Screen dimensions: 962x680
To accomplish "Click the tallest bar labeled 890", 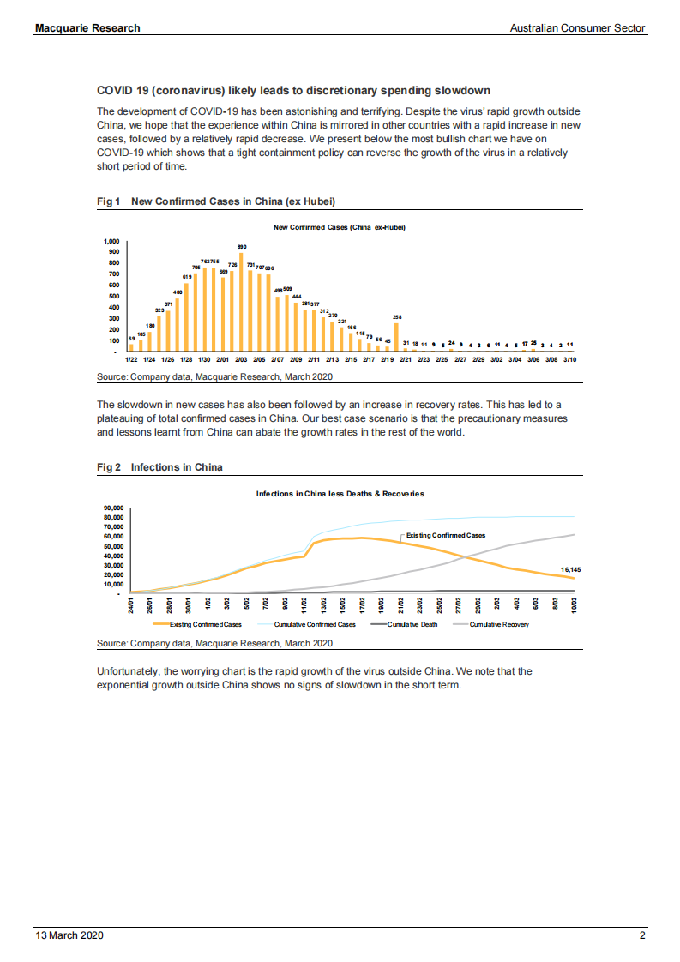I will pyautogui.click(x=242, y=302).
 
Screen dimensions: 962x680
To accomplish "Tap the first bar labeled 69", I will pyautogui.click(x=131, y=347).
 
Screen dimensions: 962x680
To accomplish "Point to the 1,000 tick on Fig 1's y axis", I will pyautogui.click(x=111, y=241).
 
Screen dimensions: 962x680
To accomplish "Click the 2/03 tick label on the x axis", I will pyautogui.click(x=241, y=361).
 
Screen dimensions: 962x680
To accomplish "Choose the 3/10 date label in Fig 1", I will pyautogui.click(x=570, y=361).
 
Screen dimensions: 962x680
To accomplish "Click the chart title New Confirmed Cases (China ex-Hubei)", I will pyautogui.click(x=339, y=227).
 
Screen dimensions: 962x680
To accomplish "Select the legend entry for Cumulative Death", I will pyautogui.click(x=412, y=624).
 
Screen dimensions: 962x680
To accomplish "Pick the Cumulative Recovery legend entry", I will pyautogui.click(x=497, y=624).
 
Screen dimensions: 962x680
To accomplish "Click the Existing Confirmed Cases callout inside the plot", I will pyautogui.click(x=445, y=535).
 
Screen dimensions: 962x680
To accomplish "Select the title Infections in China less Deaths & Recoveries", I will pyautogui.click(x=340, y=494).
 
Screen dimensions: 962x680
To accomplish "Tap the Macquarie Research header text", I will pyautogui.click(x=87, y=28).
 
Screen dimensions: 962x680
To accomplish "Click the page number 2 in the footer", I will pyautogui.click(x=642, y=935).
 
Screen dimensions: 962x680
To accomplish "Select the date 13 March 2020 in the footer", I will pyautogui.click(x=69, y=935).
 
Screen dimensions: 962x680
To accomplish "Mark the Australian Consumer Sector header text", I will pyautogui.click(x=577, y=28).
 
